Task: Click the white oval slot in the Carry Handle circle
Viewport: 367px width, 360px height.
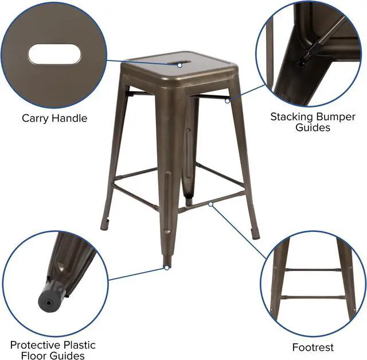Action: click(x=55, y=54)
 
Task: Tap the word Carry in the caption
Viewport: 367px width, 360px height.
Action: click(x=35, y=118)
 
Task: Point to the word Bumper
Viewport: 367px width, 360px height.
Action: click(x=335, y=117)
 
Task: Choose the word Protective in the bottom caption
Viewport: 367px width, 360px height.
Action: click(x=35, y=345)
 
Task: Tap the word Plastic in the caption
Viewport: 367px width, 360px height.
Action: click(x=80, y=345)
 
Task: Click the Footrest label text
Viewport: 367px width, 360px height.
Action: click(x=313, y=347)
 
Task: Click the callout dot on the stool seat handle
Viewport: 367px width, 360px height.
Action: click(x=179, y=65)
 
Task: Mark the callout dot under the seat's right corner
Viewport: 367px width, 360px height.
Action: click(x=227, y=101)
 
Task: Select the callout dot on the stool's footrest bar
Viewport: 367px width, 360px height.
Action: click(x=211, y=204)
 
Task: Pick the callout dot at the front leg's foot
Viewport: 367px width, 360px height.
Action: click(x=167, y=268)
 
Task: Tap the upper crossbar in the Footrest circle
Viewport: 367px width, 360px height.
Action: click(x=313, y=270)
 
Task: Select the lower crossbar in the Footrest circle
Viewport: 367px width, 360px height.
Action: click(x=313, y=297)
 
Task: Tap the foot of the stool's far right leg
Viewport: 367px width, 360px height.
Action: click(x=256, y=234)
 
